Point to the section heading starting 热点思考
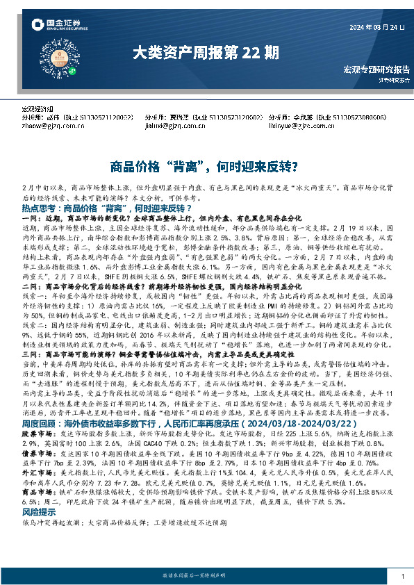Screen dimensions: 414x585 [x=41, y=208]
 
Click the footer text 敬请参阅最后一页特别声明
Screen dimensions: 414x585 [x=207, y=576]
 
